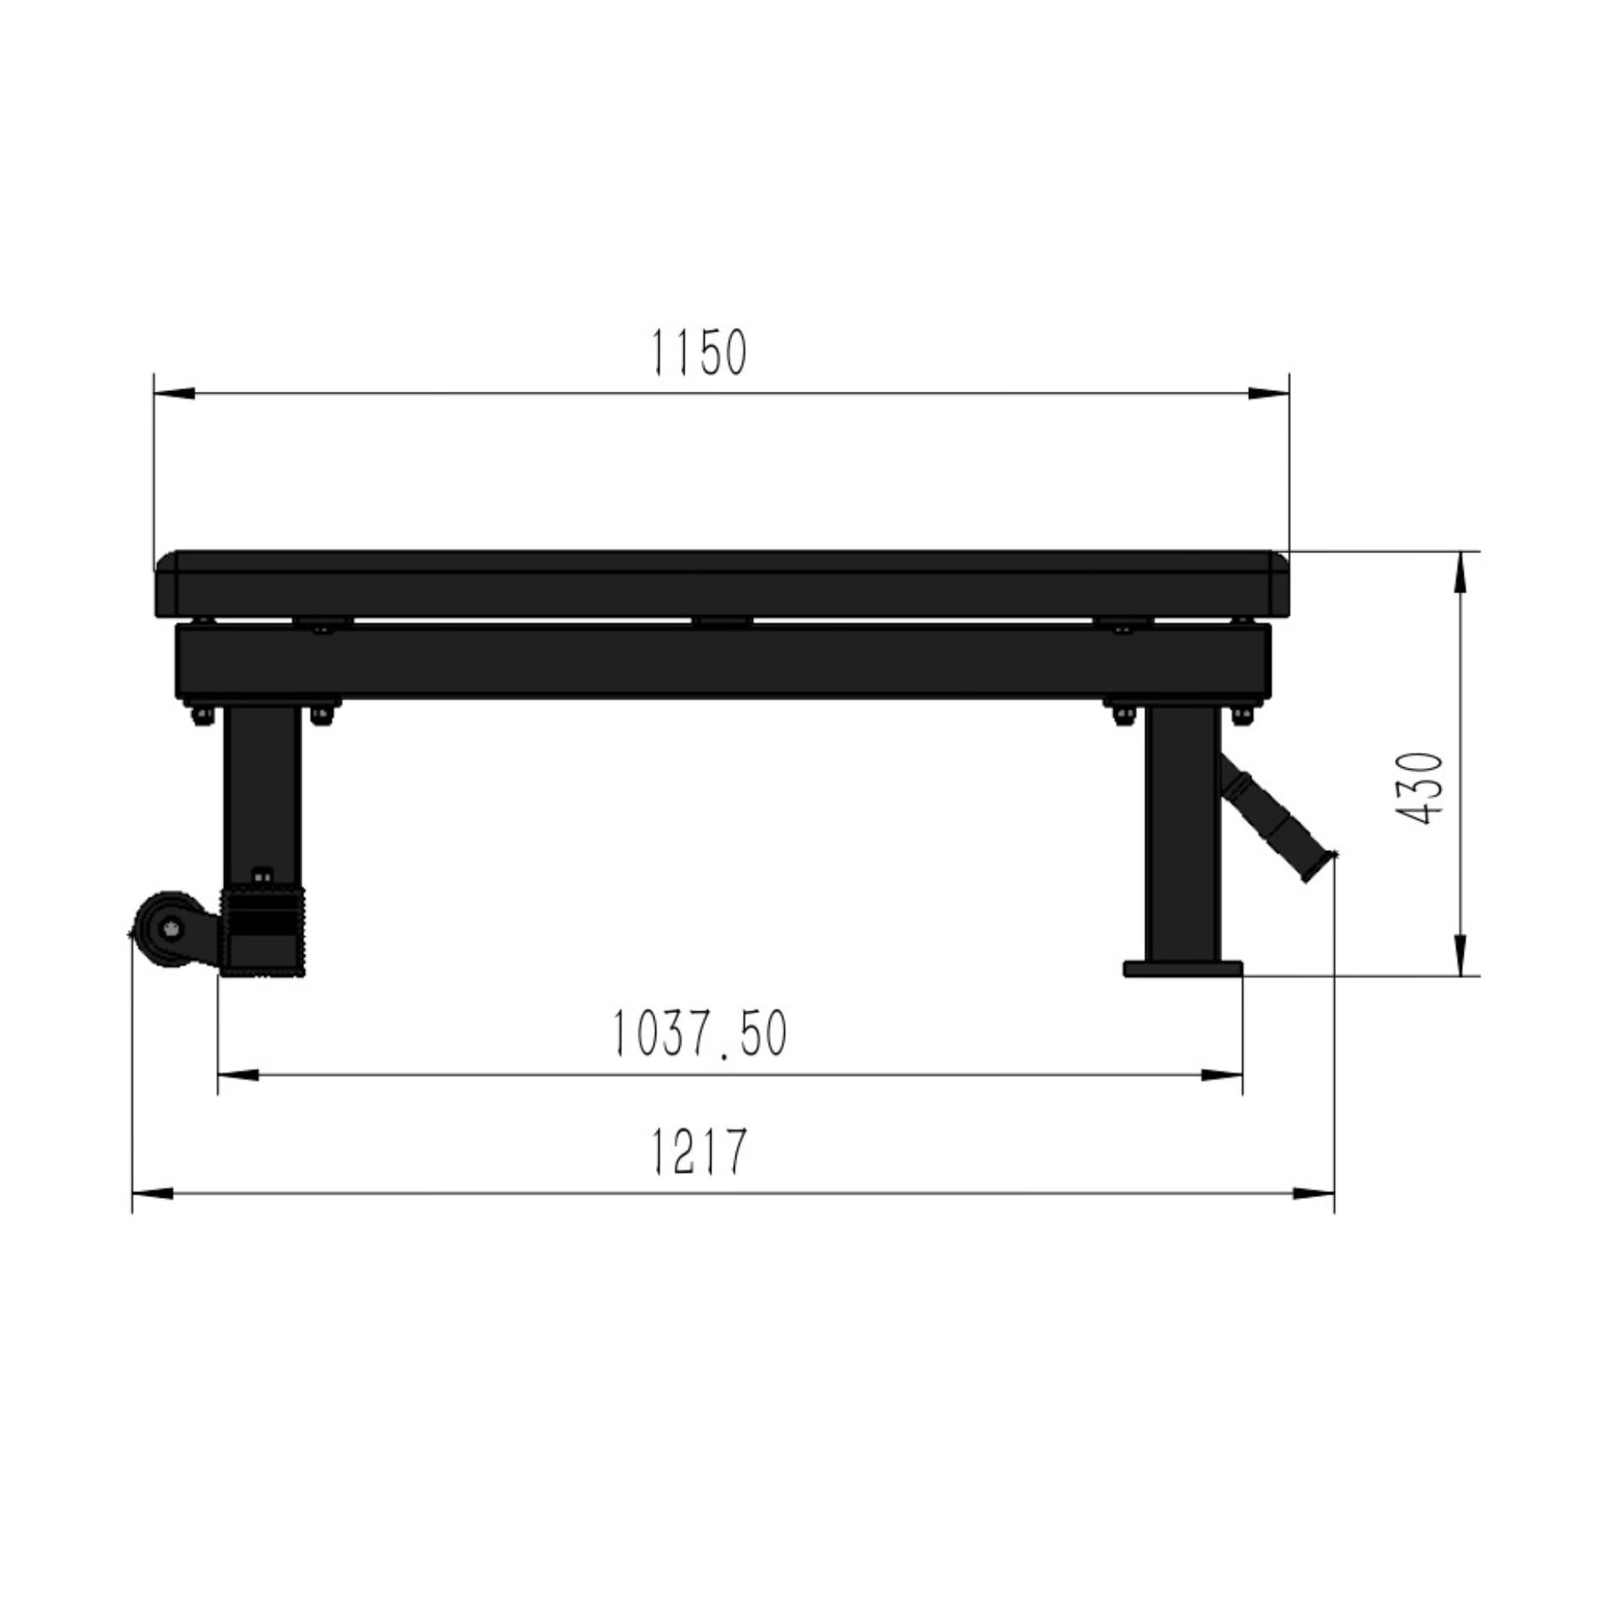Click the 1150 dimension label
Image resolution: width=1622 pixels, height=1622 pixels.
pos(699,352)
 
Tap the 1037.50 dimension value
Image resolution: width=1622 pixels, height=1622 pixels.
pos(699,1033)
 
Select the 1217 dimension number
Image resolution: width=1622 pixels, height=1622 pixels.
pos(699,1151)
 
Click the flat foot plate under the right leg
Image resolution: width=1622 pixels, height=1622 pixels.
pos(1183,968)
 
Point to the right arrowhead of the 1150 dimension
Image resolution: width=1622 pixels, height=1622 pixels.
pos(1268,394)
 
